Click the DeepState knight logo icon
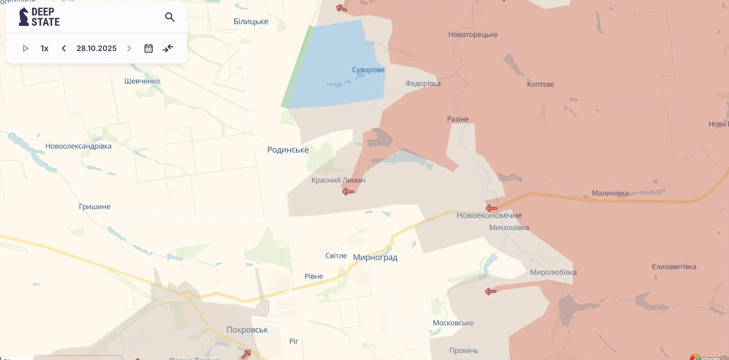click(24, 17)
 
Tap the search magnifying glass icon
click(170, 17)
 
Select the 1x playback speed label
click(44, 49)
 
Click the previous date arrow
click(64, 49)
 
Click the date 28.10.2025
click(97, 49)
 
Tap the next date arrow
click(129, 49)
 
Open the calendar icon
click(148, 49)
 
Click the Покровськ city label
click(247, 330)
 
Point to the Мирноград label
click(375, 258)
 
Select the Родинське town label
click(288, 150)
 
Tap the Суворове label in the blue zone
click(368, 70)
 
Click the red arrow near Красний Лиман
click(348, 191)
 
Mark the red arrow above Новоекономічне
click(491, 208)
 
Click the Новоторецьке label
click(473, 35)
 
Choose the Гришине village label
click(95, 207)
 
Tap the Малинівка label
click(610, 193)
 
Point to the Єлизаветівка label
click(674, 267)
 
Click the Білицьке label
click(251, 22)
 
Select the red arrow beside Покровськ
click(246, 353)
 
